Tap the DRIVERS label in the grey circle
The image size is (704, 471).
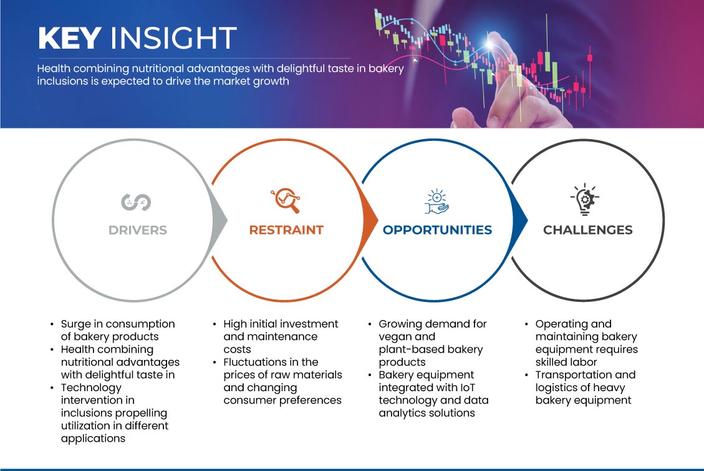pos(138,230)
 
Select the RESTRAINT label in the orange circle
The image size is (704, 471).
pos(286,230)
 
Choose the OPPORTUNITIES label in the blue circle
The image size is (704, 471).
pos(437,230)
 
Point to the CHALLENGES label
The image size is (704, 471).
pos(588,230)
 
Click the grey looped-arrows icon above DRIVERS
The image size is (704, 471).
pos(136,202)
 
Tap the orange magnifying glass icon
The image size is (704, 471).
pos(286,200)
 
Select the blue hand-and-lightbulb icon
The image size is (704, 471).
pos(437,202)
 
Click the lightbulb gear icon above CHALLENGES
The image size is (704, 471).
pos(584,199)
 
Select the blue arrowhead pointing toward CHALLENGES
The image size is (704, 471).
pos(519,220)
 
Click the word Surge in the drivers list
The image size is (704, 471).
pos(75,324)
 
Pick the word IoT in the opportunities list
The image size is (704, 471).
pos(467,387)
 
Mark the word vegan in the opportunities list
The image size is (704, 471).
pos(393,337)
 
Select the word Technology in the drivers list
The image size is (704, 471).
pos(91,388)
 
